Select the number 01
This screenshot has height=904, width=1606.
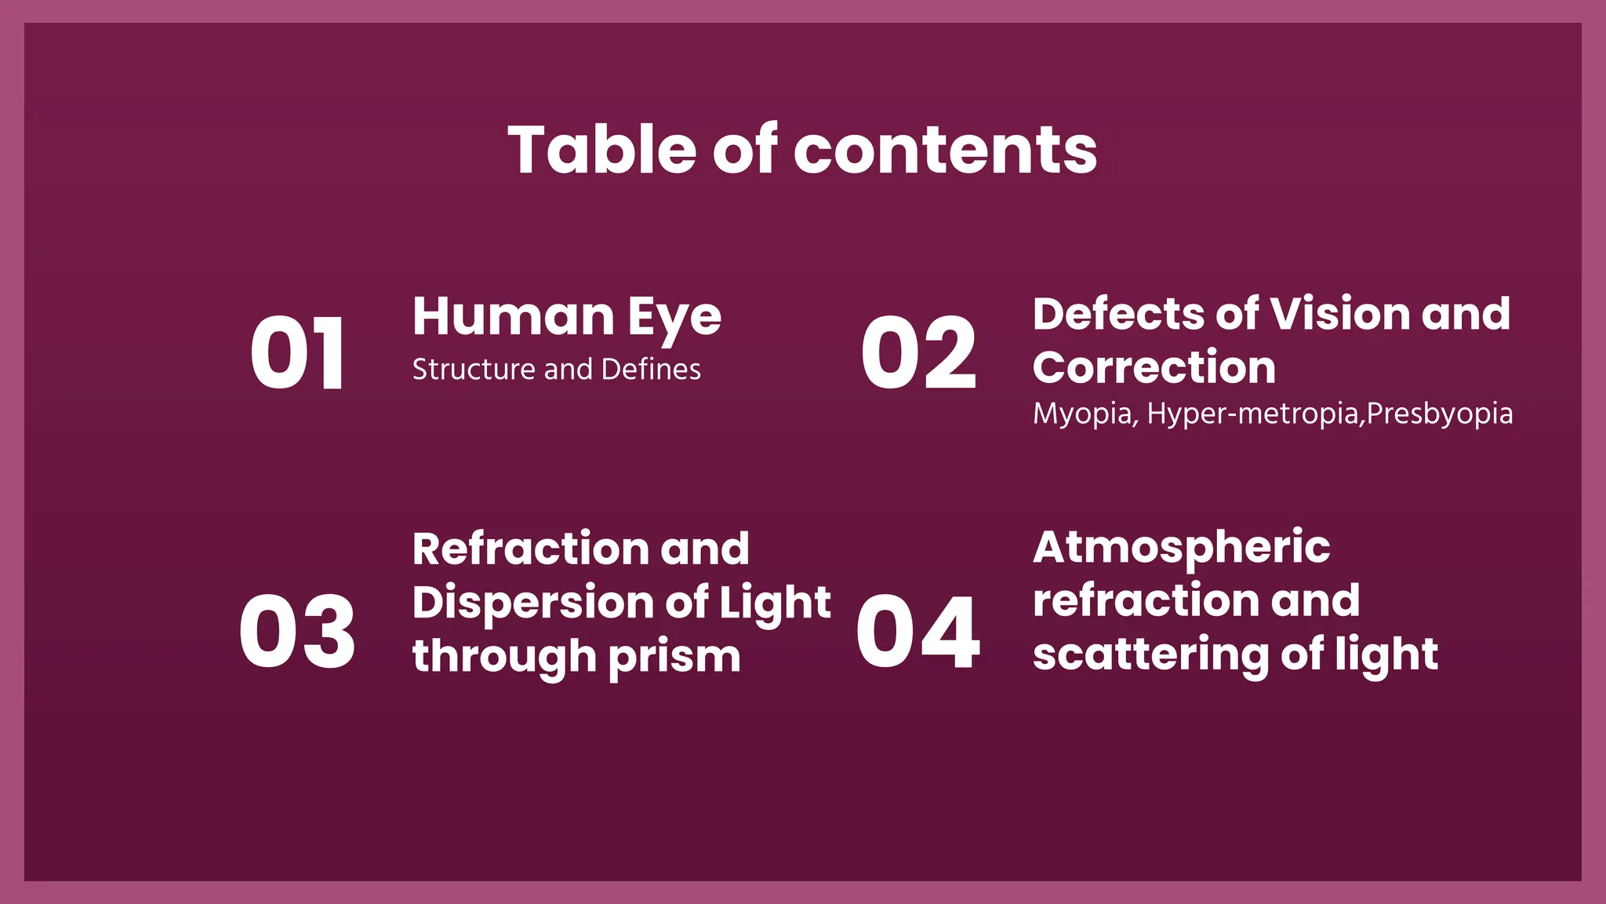297,352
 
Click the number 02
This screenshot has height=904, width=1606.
918,352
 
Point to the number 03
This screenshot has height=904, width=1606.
297,632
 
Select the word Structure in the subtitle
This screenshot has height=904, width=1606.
474,369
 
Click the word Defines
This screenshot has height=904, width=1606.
651,369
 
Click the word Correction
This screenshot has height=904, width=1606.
1154,367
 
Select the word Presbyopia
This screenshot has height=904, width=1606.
1440,414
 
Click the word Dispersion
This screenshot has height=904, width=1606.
532,603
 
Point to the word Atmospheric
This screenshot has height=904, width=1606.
1181,547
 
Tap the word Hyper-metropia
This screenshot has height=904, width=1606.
1253,414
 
